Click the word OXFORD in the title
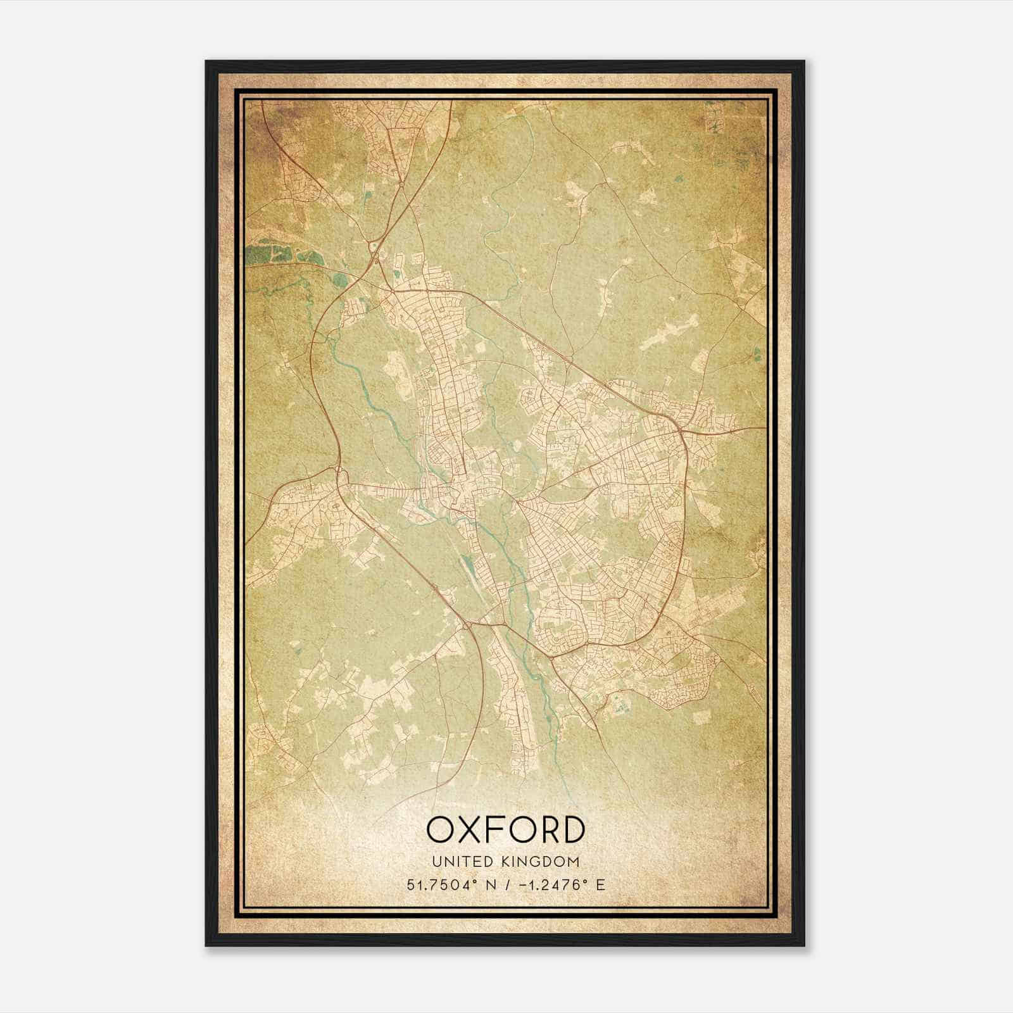[x=505, y=829]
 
